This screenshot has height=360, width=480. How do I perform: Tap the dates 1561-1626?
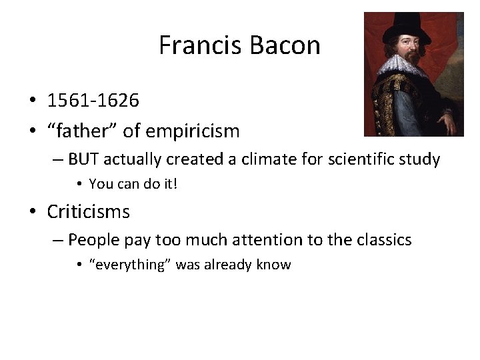93,101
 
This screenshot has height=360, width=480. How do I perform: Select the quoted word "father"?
79,131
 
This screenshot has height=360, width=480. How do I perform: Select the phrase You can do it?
133,183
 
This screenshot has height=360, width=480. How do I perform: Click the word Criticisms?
89,212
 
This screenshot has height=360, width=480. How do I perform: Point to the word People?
93,239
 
